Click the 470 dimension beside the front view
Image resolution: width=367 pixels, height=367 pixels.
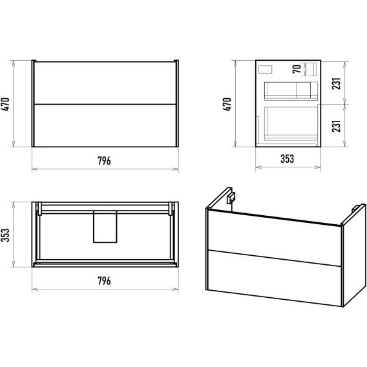click(5, 104)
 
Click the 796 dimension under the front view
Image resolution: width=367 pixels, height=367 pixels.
click(104, 161)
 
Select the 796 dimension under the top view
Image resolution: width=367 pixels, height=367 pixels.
click(104, 280)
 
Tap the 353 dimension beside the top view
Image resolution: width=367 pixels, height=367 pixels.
click(5, 235)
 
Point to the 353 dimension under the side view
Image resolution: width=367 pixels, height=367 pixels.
click(287, 159)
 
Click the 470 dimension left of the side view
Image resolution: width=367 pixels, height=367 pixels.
click(227, 104)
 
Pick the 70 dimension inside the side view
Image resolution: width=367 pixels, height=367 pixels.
click(297, 69)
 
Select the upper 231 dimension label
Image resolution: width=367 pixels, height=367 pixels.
click(336, 83)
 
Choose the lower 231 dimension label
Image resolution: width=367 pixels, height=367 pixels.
click(336, 126)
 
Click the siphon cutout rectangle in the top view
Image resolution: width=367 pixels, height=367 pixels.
click(105, 227)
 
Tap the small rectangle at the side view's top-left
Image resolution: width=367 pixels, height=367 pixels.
click(265, 69)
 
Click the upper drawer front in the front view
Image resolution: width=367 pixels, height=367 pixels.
click(105, 83)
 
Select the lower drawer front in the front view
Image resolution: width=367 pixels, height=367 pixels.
click(105, 125)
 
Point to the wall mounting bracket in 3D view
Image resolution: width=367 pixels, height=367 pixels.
click(231, 198)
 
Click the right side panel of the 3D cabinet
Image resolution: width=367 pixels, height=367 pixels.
click(354, 255)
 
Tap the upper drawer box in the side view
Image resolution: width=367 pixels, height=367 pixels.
click(291, 91)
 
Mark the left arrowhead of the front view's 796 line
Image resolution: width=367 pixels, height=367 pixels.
click(35, 169)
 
